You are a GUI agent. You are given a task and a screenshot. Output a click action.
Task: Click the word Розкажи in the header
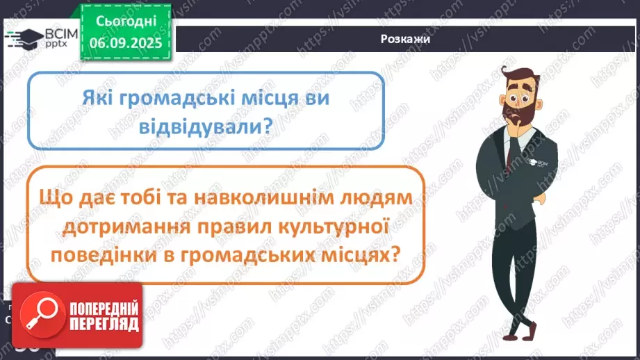405,39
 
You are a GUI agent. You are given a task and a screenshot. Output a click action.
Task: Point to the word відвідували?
206,127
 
